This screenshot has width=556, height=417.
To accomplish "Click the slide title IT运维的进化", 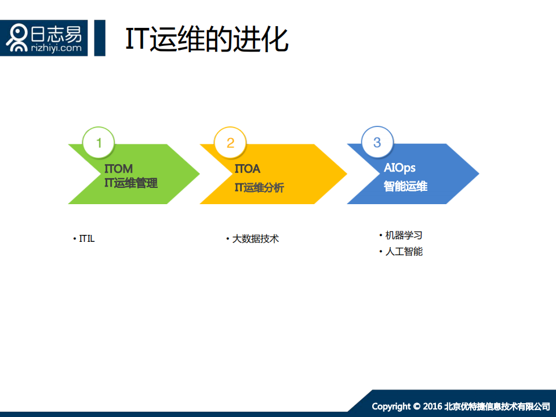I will [206, 39].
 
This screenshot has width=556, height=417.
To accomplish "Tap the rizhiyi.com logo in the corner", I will [44, 38].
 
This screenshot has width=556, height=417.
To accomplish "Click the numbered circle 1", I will [99, 143].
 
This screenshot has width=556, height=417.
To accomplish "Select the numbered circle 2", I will [230, 143].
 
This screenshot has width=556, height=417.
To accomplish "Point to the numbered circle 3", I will [377, 142].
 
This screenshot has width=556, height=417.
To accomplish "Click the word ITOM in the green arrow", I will [118, 169].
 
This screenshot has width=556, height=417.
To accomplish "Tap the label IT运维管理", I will [130, 183].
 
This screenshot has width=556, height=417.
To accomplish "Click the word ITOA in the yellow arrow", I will [248, 169].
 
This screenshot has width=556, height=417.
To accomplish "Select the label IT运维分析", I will [259, 188].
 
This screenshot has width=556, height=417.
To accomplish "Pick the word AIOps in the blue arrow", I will [399, 168].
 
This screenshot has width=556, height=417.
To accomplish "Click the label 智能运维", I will [405, 187].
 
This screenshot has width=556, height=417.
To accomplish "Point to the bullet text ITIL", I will [86, 239].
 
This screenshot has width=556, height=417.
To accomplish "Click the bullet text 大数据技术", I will [255, 238].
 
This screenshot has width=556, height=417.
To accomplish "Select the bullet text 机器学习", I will [404, 235].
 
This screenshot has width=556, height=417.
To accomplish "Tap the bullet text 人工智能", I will [404, 252].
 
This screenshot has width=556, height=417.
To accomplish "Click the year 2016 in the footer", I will [433, 406].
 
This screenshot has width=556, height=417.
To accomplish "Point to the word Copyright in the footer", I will [391, 406].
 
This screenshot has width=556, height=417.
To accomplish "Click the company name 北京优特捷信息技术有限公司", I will [497, 406].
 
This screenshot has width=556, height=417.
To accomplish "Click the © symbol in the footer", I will [416, 406].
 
